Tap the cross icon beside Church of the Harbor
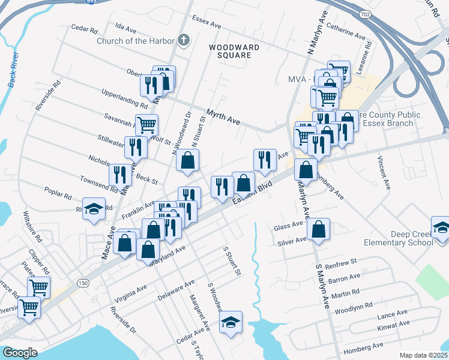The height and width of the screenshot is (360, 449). [184, 41]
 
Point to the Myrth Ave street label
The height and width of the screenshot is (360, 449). [223, 117]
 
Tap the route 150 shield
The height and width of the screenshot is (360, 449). [80, 281]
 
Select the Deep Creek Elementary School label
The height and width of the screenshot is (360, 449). [399, 238]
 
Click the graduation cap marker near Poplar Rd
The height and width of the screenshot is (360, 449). [94, 209]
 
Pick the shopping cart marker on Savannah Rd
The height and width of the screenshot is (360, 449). [146, 125]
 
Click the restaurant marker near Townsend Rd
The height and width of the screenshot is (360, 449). [120, 174]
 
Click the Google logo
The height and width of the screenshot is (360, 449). [20, 352]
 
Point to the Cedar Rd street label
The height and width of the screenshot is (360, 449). [84, 28]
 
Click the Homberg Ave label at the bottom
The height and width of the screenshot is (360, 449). [363, 346]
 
